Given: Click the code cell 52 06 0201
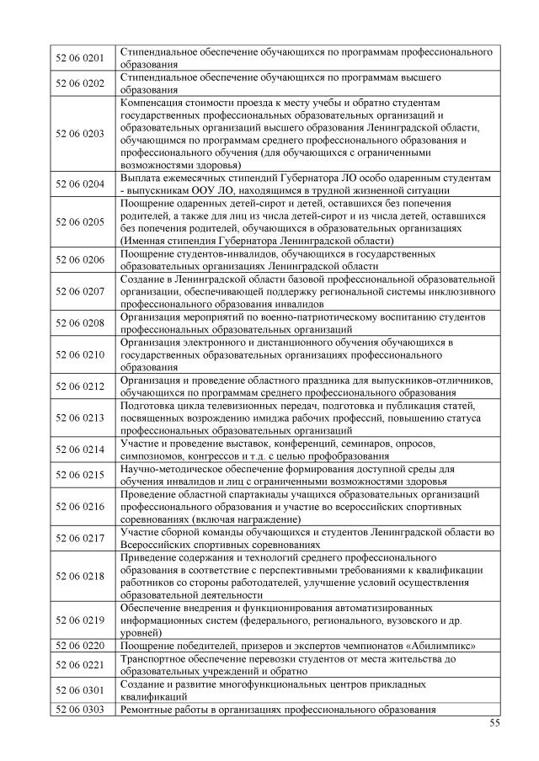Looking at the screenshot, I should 79,58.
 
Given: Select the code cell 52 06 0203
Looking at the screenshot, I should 79,133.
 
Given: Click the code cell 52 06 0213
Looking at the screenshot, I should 79,418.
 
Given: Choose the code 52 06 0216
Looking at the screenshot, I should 79,507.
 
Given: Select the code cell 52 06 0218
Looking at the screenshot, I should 79,576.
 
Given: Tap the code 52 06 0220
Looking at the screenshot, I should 79,646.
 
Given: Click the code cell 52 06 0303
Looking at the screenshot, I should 79,710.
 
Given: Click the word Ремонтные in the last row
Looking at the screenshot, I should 148,710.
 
